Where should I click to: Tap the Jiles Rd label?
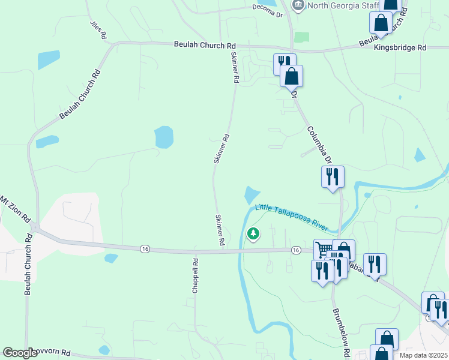click(x=98, y=30)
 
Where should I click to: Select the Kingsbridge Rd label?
click(x=400, y=47)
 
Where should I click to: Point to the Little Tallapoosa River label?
click(x=292, y=217)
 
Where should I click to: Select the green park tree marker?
click(x=253, y=233)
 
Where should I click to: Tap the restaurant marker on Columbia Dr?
click(x=332, y=176)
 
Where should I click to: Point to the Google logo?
click(x=20, y=353)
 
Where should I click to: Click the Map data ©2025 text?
click(x=424, y=355)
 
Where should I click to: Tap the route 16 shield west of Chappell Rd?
click(x=144, y=248)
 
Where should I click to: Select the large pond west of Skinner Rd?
click(x=164, y=137)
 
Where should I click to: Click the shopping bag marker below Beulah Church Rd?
click(x=291, y=76)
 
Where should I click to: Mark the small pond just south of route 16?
click(x=111, y=259)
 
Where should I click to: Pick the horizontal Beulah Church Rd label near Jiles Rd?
click(x=205, y=45)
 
